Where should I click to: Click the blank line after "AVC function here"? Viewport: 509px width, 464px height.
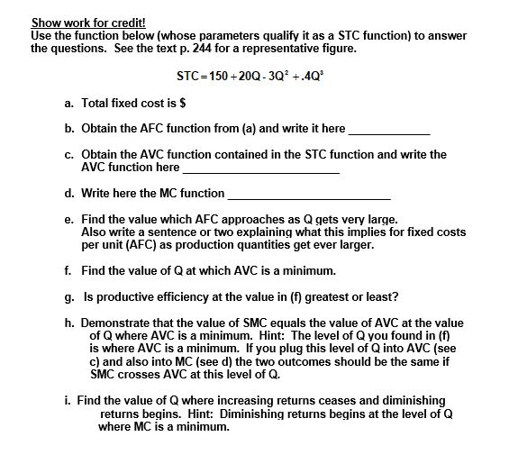[x=261, y=169]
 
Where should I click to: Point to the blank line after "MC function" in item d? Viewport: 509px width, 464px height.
[x=310, y=196]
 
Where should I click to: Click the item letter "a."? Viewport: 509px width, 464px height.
[x=69, y=105]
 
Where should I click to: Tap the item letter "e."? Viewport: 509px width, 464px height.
[x=69, y=219]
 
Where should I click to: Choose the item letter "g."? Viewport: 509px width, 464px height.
[x=69, y=296]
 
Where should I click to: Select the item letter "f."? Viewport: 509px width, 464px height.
[x=69, y=270]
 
